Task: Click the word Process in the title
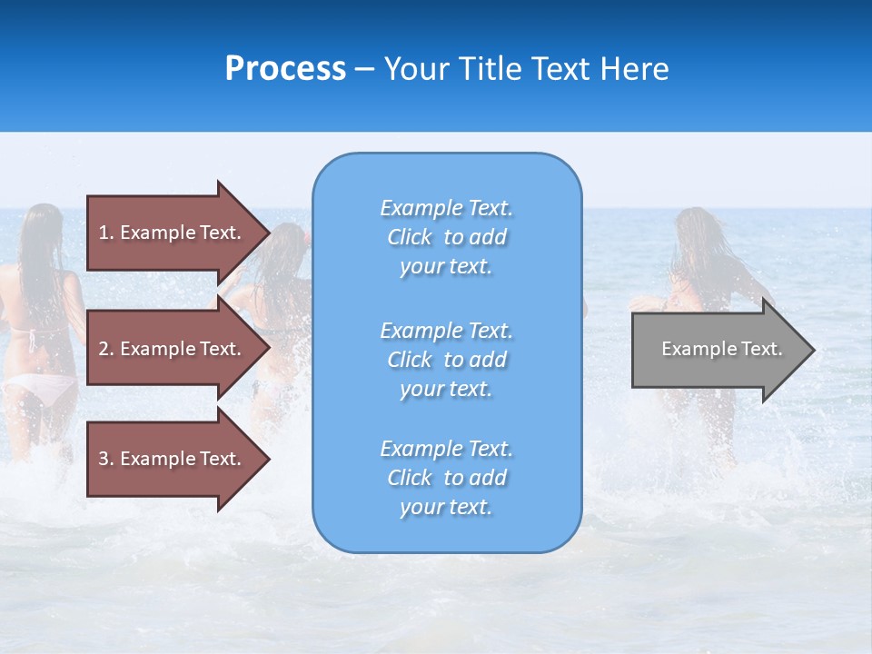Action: pos(285,69)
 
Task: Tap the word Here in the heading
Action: pos(632,69)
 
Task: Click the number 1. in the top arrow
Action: pos(106,233)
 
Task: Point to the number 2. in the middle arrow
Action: pos(106,349)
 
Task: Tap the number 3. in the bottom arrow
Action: pos(106,459)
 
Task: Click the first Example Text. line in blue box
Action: pos(446,208)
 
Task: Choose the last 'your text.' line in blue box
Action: pos(446,507)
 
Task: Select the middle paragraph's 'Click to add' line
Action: pos(446,360)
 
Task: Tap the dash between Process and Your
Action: pos(364,70)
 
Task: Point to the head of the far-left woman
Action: pos(41,227)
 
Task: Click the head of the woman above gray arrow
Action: pos(698,232)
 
